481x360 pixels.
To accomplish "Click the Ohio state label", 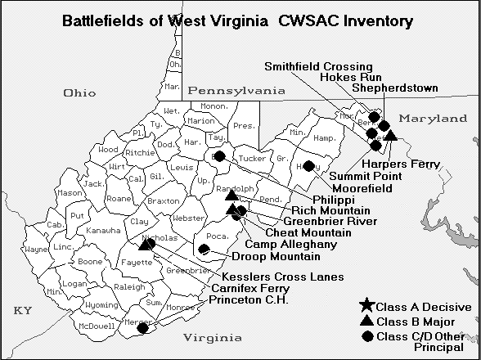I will click(84, 93).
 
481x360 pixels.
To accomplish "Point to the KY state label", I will click(22, 312).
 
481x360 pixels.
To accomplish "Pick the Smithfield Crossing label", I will click(318, 67).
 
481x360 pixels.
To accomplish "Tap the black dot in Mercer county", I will click(143, 328).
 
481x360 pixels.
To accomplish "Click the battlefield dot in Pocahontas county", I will click(204, 249).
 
